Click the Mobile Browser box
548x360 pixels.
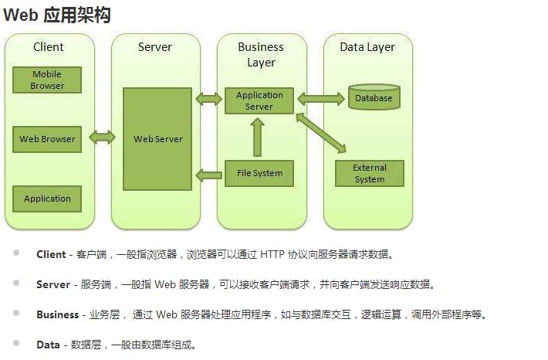(47, 80)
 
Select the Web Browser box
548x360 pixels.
(47, 139)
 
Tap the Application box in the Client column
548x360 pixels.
(47, 199)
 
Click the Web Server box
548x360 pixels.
(157, 139)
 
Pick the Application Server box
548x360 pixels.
(259, 100)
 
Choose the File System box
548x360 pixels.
(259, 173)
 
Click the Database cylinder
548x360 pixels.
(374, 97)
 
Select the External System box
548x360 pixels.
(370, 173)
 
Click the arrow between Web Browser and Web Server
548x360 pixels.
(102, 138)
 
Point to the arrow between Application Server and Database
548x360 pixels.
(321, 99)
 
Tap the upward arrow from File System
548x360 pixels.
(257, 138)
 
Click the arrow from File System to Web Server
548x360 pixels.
(208, 175)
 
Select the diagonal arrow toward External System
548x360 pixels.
(321, 133)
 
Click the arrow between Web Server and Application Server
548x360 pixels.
(208, 99)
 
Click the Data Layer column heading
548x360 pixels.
(367, 47)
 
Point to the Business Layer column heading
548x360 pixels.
(261, 55)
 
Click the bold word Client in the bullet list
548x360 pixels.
(51, 254)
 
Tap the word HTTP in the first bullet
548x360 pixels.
(272, 254)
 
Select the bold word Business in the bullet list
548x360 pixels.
(58, 314)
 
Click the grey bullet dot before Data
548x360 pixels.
(16, 343)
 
